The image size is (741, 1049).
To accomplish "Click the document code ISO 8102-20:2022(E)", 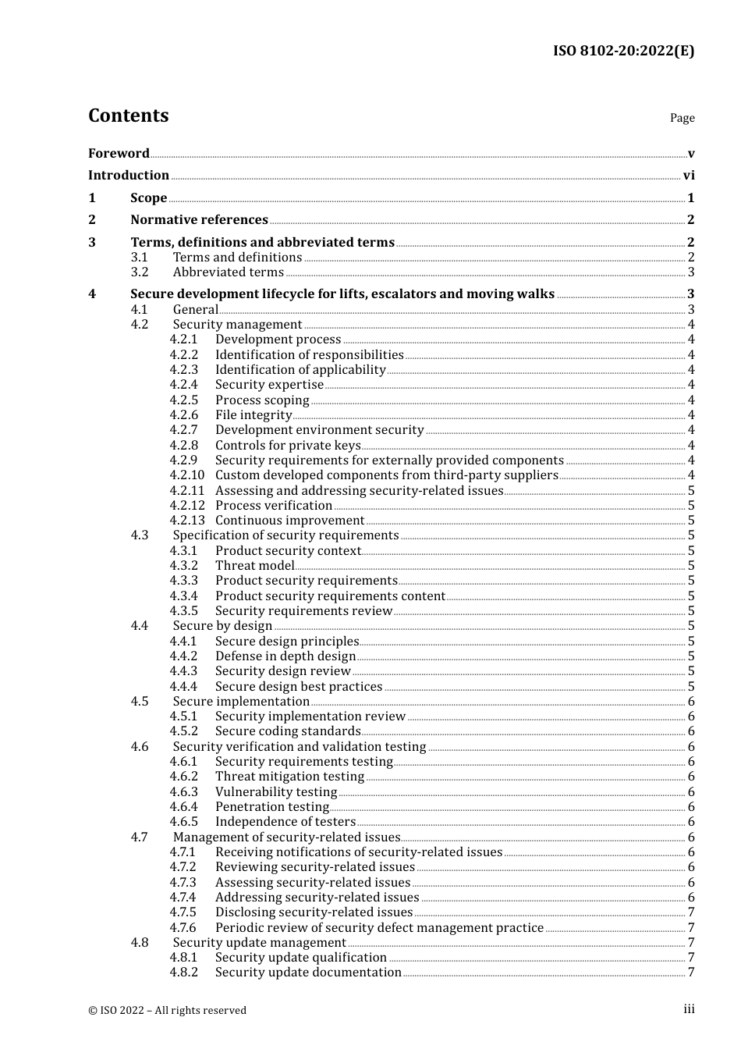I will point(623,51).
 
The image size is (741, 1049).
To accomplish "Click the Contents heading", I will point(128,116).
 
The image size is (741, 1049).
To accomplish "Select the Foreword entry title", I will point(119,154).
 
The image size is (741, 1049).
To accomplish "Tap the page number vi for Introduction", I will point(689,176).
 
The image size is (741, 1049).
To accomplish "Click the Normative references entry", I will point(199,220).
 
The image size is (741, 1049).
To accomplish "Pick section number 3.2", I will point(140,272).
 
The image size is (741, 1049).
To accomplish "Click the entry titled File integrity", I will point(253,415).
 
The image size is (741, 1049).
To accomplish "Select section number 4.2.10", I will point(187,475).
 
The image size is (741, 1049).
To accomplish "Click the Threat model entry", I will point(255,566).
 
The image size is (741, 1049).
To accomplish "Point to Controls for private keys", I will point(288,446).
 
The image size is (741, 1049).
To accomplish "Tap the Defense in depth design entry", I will point(285,656).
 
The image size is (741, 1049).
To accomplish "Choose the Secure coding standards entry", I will point(288,731).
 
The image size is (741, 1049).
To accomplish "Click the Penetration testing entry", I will point(272,807).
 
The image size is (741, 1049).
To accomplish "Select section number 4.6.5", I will point(184,822).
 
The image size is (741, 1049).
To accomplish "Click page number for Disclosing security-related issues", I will point(691,912).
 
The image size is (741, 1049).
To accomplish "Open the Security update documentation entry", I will point(308,973).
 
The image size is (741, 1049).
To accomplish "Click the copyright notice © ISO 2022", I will point(167,1010).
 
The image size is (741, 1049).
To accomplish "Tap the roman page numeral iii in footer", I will point(689,1009).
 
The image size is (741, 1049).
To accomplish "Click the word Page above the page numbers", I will point(682,118).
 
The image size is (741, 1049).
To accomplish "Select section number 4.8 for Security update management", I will point(140,943).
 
